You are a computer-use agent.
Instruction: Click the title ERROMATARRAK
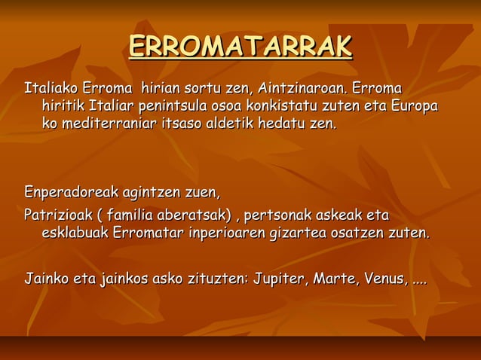point(240,46)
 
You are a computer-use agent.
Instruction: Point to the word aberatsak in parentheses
point(195,215)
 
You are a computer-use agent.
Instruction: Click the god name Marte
point(335,280)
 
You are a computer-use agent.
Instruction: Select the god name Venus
point(386,280)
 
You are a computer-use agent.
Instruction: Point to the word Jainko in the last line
point(44,280)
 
